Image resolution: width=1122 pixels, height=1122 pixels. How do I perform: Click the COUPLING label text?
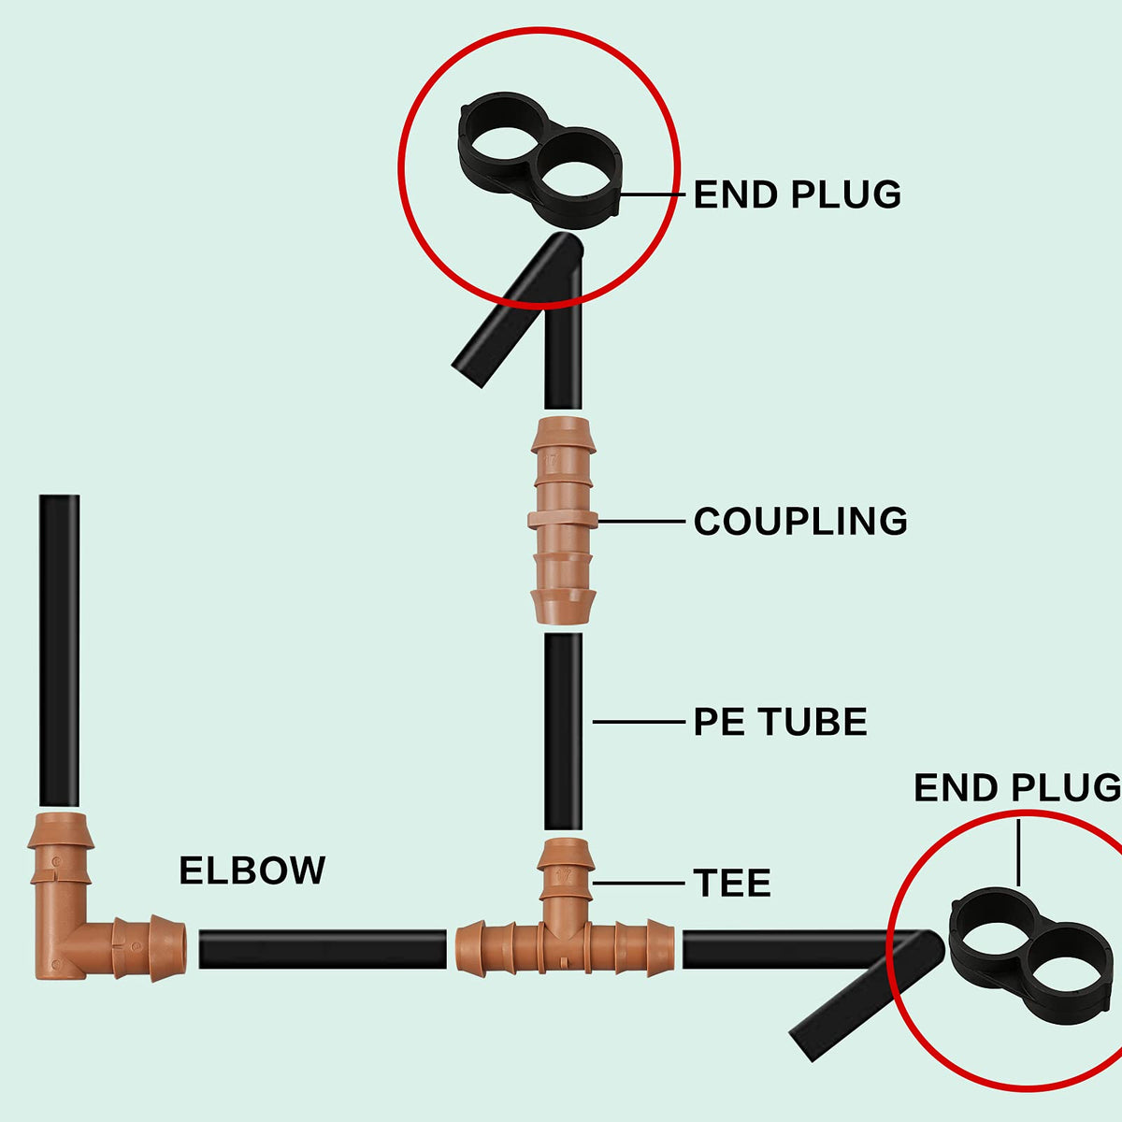(x=800, y=521)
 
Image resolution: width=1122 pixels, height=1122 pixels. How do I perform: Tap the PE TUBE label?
(x=780, y=722)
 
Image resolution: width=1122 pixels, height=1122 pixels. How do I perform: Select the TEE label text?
(x=732, y=883)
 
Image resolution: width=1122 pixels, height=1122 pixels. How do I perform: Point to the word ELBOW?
(x=252, y=871)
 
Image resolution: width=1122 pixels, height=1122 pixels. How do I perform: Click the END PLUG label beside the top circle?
(x=798, y=194)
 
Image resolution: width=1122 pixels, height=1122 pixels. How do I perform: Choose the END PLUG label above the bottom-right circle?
(x=1017, y=788)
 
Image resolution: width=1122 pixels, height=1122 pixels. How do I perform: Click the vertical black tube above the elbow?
(x=60, y=651)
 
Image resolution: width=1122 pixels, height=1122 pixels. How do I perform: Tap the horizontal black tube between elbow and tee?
(x=323, y=950)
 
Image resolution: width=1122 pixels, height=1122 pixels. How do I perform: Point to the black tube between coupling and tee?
(x=563, y=732)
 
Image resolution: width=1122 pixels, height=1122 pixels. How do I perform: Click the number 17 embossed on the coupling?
(x=551, y=460)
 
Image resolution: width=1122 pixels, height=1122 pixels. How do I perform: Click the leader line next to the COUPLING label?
(x=641, y=521)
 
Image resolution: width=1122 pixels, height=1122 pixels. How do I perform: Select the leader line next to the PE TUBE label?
(x=639, y=722)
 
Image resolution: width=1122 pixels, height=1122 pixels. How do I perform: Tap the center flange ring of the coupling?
(x=563, y=519)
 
